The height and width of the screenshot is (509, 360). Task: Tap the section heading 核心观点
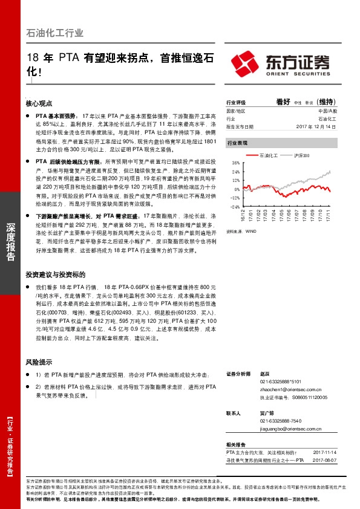tap(40, 103)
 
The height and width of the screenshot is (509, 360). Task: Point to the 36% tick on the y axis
tap(236, 164)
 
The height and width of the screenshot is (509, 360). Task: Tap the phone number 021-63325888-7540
tap(281, 420)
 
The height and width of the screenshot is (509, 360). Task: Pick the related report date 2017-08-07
tap(325, 459)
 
